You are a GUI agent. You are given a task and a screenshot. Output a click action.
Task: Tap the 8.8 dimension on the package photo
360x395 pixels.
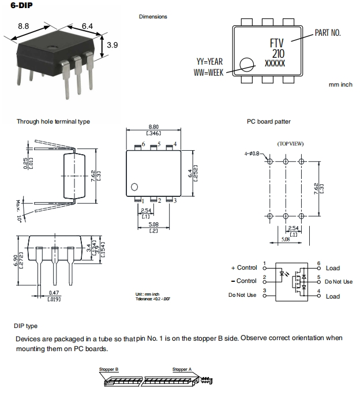(x=24, y=27)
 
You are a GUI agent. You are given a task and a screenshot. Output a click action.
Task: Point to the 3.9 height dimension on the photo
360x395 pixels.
(x=112, y=45)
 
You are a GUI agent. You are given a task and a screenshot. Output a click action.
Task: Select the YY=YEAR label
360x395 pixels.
(x=209, y=61)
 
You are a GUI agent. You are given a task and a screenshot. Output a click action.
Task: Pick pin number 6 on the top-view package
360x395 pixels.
(x=143, y=144)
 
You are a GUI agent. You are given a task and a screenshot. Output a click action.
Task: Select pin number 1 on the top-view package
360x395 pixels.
(x=143, y=200)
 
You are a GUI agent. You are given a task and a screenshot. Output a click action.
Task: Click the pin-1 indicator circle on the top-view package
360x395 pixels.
(x=134, y=187)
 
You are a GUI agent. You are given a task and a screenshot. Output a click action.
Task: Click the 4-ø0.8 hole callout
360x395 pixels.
(x=253, y=154)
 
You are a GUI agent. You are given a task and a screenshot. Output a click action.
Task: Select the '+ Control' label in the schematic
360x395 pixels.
(x=243, y=268)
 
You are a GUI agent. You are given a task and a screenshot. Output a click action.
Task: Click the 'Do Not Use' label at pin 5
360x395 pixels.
(x=338, y=282)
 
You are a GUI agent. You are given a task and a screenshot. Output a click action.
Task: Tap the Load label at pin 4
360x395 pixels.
(x=333, y=296)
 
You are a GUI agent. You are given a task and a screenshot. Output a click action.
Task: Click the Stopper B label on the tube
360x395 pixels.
(x=109, y=368)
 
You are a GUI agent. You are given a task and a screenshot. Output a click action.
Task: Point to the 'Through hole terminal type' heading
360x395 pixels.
(x=53, y=121)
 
